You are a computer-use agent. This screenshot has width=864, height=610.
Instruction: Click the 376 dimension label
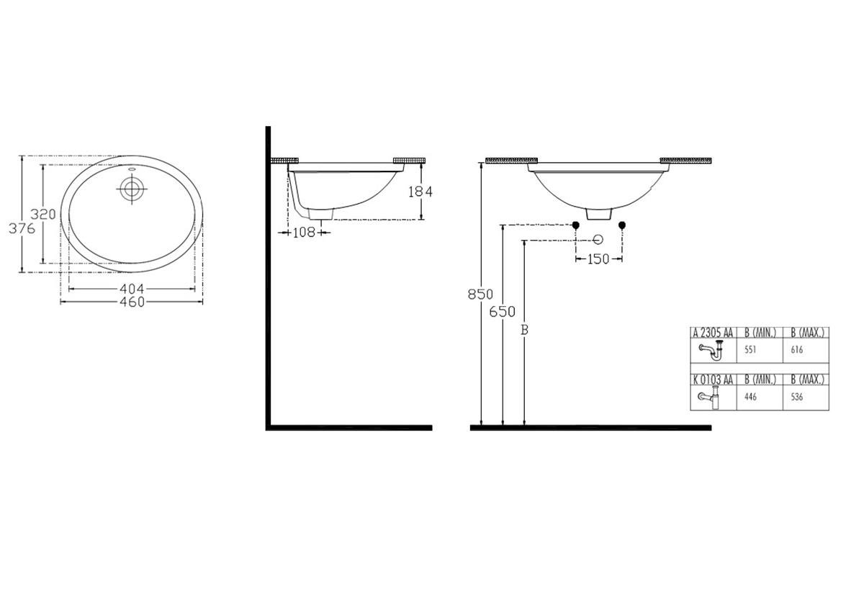[22, 228]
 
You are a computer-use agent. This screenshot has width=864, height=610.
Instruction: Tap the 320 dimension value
[43, 214]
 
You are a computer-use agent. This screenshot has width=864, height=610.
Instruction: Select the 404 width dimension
[132, 289]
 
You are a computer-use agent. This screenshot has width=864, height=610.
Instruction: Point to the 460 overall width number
[132, 302]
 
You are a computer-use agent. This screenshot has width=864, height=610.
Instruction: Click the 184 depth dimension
[420, 192]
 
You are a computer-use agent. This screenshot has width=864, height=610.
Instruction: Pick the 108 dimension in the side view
[305, 233]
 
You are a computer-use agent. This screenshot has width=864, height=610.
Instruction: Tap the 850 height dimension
[480, 295]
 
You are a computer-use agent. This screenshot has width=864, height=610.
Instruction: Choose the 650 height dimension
[503, 311]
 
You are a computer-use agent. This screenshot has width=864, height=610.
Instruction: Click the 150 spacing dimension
[598, 259]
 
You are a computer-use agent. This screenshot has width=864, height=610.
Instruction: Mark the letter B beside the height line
[524, 330]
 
